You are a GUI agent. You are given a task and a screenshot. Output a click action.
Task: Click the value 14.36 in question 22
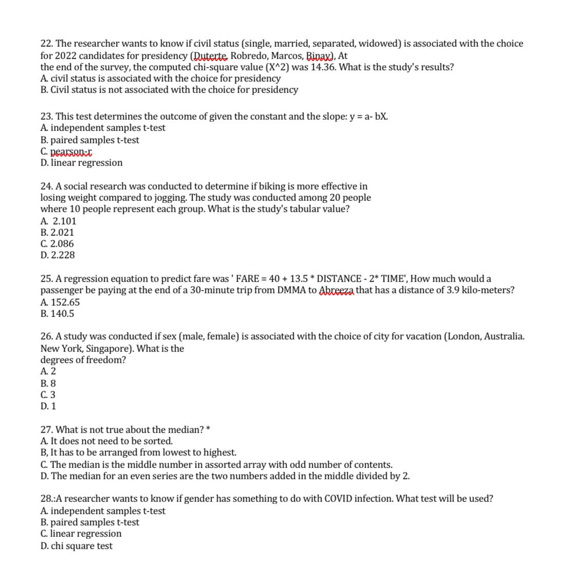[x=324, y=67]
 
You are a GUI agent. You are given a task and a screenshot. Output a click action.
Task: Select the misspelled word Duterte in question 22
[x=210, y=55]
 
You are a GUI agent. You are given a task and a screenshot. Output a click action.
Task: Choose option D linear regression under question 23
[x=82, y=163]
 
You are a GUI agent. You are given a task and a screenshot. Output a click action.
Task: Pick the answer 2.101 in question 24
[x=64, y=221]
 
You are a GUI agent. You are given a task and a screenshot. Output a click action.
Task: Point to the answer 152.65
[x=65, y=303]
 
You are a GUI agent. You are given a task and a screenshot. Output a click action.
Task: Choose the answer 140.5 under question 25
[x=62, y=314]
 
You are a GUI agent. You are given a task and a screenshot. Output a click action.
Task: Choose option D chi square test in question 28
[x=77, y=546]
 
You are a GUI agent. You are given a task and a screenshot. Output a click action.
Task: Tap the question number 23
[x=46, y=117]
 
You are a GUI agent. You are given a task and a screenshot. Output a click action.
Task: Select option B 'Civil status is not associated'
[x=169, y=90]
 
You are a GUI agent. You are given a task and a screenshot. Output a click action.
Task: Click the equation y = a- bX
[x=368, y=117]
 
